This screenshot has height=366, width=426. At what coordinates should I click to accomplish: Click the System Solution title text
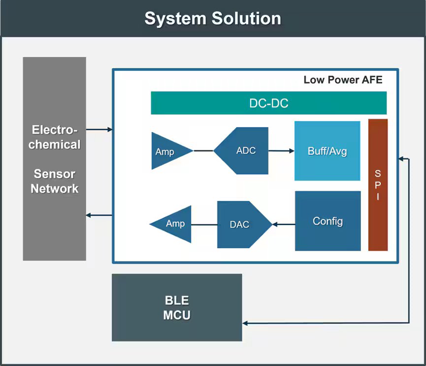coord(213,19)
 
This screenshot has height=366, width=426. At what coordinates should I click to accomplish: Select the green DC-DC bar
coord(268,103)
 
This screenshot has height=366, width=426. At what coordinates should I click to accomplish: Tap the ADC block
coord(245,151)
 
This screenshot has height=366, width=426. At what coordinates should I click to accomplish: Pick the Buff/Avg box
coord(327,151)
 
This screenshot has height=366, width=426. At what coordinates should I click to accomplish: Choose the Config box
coord(328,221)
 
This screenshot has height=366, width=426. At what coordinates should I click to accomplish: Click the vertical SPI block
coord(378,185)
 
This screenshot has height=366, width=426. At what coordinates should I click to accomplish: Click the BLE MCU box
coord(177,308)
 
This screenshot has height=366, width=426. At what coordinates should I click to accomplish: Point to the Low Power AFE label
coord(343,80)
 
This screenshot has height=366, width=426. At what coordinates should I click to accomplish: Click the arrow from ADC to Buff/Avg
coord(281,151)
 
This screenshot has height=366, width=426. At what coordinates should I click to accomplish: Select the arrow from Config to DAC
coord(284,225)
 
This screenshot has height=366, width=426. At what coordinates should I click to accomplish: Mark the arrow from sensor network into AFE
coord(99,130)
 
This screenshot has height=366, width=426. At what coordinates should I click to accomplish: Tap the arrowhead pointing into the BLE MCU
coord(246,323)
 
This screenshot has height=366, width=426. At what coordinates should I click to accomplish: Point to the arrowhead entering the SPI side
coord(401,159)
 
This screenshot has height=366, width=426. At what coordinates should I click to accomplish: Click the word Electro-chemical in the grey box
coord(54,137)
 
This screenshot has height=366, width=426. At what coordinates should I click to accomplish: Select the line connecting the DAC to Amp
coord(204,225)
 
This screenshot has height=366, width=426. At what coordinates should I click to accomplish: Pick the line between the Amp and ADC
coord(203,151)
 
